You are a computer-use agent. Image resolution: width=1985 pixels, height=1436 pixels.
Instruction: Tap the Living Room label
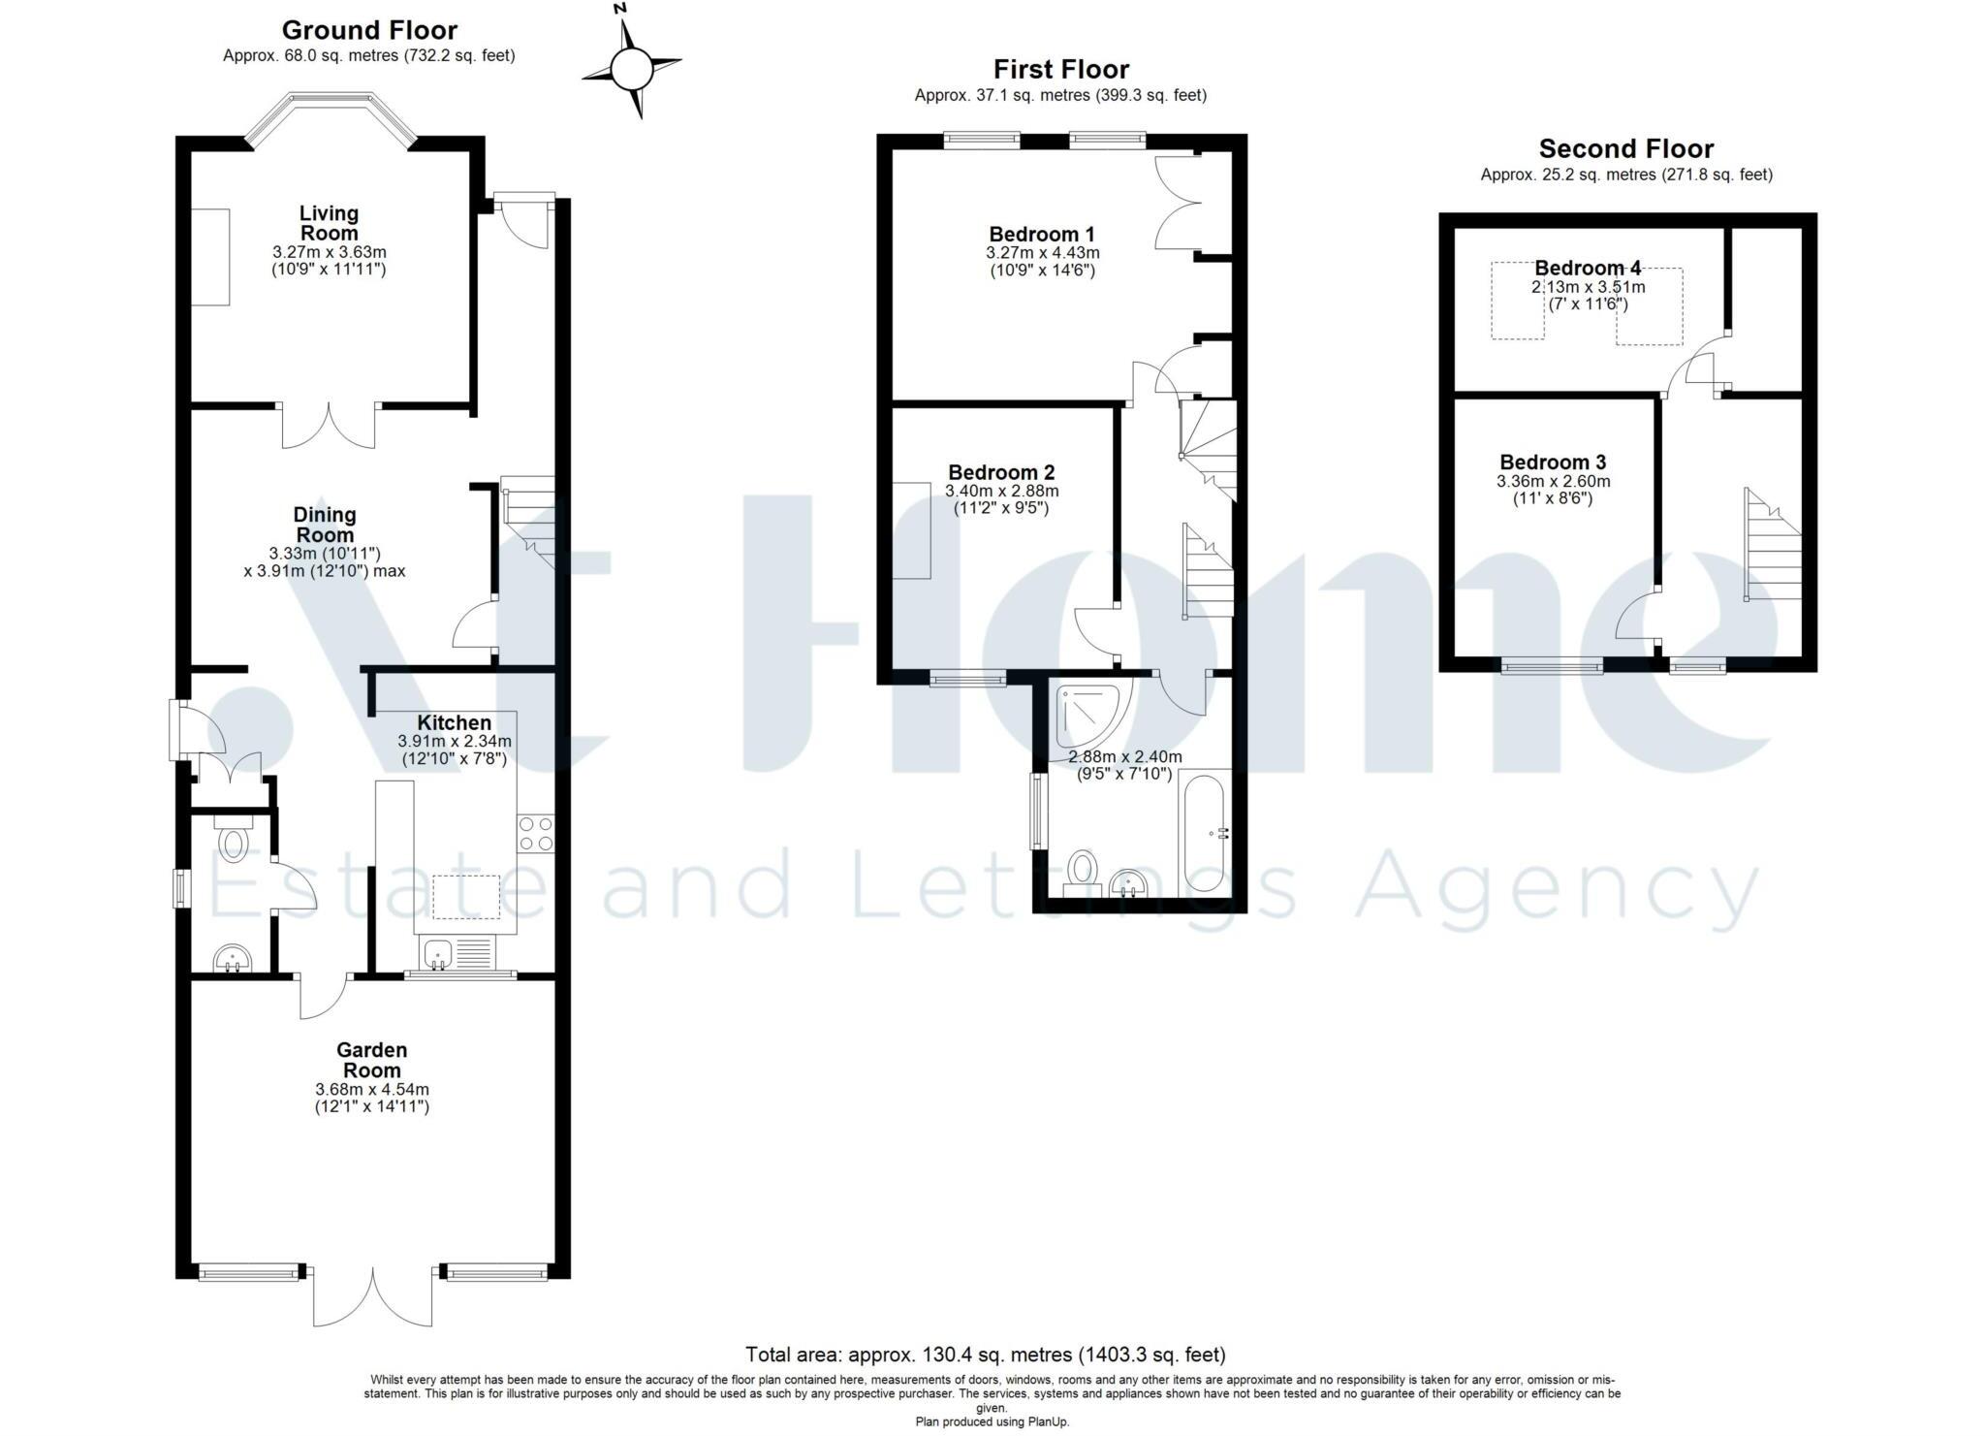(x=329, y=223)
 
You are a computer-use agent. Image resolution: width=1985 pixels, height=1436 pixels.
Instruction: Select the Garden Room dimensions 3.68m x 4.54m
(x=371, y=1089)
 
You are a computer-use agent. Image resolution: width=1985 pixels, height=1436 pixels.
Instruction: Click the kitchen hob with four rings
(x=536, y=833)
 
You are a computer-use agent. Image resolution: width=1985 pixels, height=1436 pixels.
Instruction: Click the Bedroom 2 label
(x=1001, y=472)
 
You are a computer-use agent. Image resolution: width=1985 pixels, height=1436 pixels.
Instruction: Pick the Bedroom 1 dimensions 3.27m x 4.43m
(x=1042, y=253)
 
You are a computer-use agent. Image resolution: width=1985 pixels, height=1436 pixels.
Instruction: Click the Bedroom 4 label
(x=1588, y=268)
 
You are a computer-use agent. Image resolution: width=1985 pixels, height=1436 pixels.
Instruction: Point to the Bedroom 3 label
(x=1553, y=462)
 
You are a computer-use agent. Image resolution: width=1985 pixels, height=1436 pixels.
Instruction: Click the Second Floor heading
(x=1625, y=148)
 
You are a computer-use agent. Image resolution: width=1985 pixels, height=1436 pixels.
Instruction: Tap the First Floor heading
(x=1060, y=69)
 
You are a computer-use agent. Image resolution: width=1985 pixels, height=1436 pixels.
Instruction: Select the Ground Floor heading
(x=369, y=30)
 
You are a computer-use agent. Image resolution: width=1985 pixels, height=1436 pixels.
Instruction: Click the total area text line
(x=985, y=1354)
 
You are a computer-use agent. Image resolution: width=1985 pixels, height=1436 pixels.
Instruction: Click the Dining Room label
(x=325, y=525)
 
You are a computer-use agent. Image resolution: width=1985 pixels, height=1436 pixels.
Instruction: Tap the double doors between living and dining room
(x=329, y=426)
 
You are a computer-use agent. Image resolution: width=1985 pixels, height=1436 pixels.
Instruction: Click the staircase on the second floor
(x=1772, y=548)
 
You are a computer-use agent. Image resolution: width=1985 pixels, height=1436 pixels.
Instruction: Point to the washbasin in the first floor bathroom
(x=1127, y=883)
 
